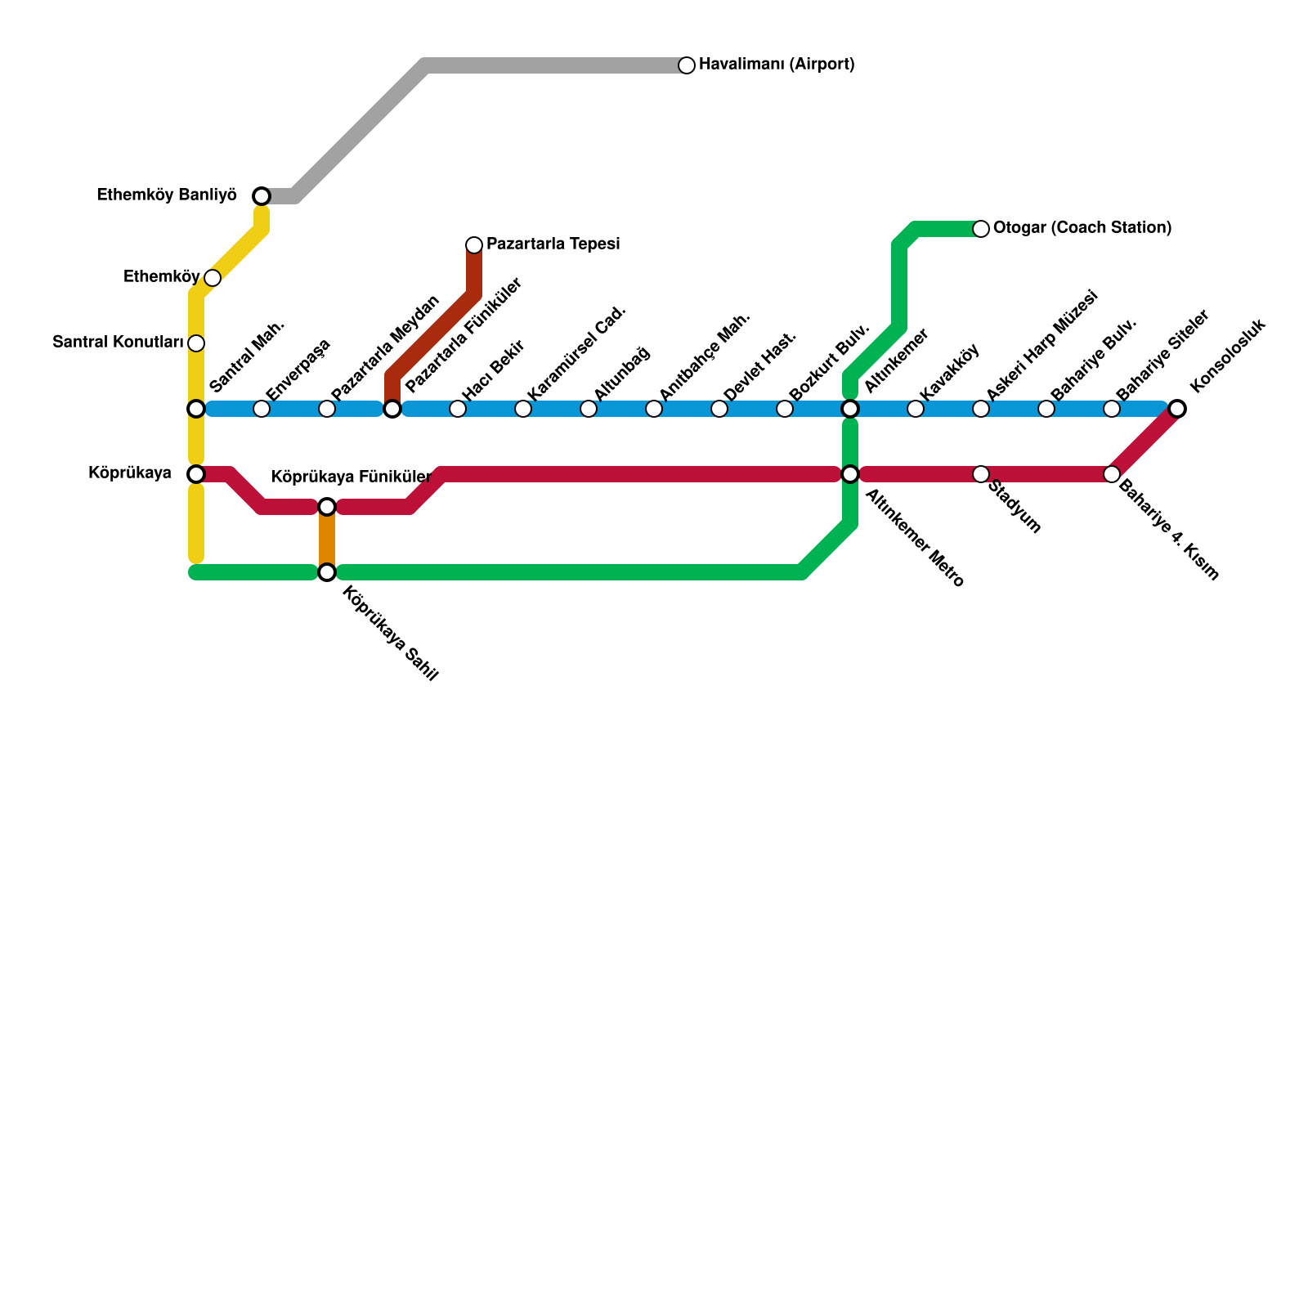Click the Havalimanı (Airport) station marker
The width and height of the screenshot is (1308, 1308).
click(687, 65)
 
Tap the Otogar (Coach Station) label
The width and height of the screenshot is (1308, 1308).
click(1082, 228)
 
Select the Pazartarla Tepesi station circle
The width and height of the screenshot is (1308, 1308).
click(474, 245)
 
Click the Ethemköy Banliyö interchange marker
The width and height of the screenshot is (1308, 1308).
click(262, 196)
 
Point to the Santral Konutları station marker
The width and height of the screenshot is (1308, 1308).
click(196, 343)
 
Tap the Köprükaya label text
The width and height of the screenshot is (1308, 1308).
click(130, 473)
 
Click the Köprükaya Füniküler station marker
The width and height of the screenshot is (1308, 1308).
click(327, 508)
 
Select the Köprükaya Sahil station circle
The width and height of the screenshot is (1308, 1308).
click(327, 572)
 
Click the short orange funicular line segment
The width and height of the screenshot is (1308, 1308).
click(327, 540)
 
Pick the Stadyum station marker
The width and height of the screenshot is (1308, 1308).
click(981, 474)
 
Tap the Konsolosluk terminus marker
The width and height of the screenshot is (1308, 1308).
click(1177, 409)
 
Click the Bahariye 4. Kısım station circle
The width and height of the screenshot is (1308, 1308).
click(1112, 474)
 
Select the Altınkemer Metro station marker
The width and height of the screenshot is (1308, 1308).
click(850, 474)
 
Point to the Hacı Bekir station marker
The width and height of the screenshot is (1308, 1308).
click(458, 409)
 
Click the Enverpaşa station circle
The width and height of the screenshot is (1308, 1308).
click(262, 409)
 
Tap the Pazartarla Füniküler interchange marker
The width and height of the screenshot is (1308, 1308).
click(392, 409)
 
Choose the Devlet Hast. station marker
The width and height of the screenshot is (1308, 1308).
click(719, 409)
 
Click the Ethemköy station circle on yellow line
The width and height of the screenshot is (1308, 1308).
click(213, 278)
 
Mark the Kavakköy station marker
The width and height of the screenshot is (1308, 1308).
click(916, 409)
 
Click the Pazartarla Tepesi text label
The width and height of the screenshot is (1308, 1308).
click(553, 244)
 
